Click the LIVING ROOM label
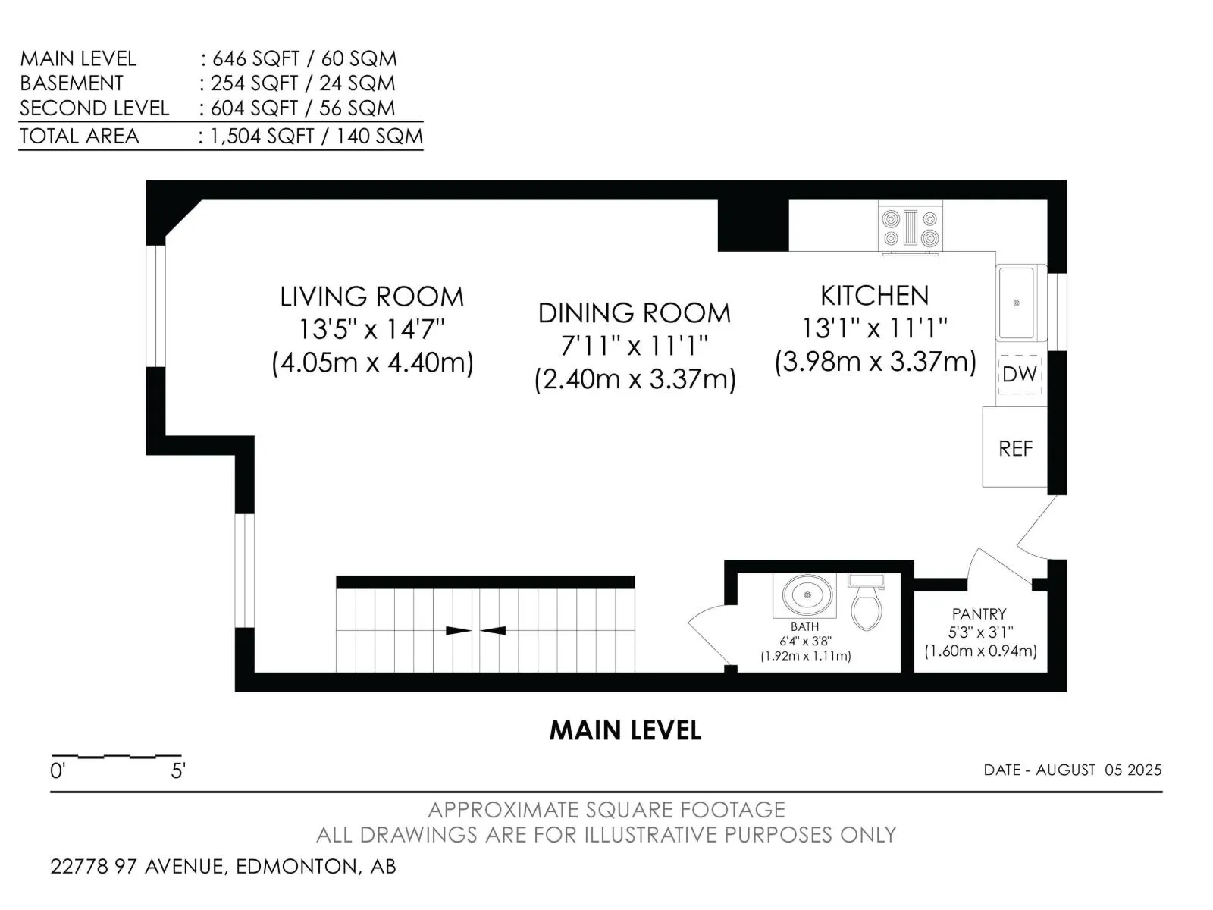(x=371, y=297)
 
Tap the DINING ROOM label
(x=634, y=313)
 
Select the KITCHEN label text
(x=874, y=296)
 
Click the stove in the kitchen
(x=910, y=229)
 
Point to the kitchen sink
(x=1016, y=303)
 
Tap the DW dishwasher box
(x=1019, y=374)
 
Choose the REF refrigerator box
(x=1014, y=447)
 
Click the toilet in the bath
(x=866, y=601)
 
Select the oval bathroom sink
(x=807, y=595)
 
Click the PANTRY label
(x=979, y=613)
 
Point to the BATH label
(x=804, y=626)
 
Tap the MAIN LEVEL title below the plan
(x=625, y=730)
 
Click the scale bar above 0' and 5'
(x=117, y=755)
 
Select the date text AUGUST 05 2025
(x=1099, y=770)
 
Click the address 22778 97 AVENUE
(x=138, y=866)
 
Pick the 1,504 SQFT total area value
(x=262, y=136)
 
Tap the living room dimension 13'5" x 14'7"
(x=371, y=330)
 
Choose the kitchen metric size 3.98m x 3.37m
(x=876, y=362)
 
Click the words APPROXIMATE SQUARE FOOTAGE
(x=606, y=810)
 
